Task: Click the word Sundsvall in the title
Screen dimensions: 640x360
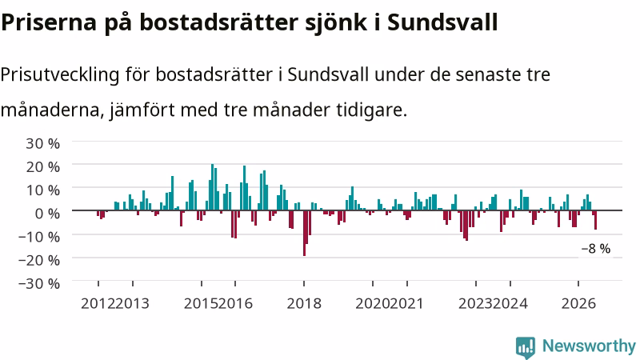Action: (x=442, y=22)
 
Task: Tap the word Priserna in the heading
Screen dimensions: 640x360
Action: (x=49, y=22)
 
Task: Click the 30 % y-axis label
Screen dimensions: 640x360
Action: (x=42, y=144)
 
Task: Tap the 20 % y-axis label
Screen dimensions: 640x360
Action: (x=42, y=167)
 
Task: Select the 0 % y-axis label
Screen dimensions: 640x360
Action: (x=47, y=214)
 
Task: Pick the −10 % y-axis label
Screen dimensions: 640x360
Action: (x=39, y=237)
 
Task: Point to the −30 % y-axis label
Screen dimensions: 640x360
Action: (x=39, y=284)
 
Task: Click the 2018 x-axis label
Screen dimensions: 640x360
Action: (x=304, y=304)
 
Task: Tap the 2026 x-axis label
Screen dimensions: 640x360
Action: (x=578, y=304)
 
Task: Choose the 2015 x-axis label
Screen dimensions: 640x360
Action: (x=202, y=304)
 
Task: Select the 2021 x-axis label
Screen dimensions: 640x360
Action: (x=406, y=304)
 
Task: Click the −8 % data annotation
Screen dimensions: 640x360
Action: (x=596, y=249)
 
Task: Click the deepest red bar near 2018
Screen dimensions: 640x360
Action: (x=305, y=233)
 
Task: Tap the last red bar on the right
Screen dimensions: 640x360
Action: (x=595, y=220)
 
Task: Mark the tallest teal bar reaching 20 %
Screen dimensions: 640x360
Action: (x=212, y=187)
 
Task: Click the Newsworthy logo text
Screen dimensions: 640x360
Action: (x=589, y=346)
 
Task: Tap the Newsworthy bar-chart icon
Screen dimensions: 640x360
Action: (x=526, y=347)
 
